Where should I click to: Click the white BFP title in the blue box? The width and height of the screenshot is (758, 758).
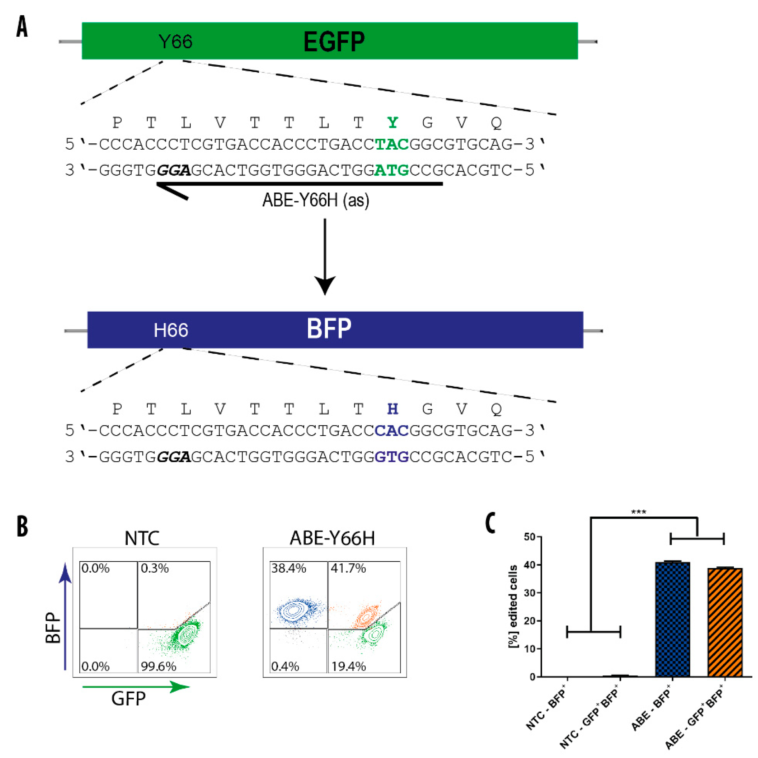(x=329, y=329)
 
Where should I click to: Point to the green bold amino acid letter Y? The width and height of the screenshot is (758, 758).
(x=392, y=123)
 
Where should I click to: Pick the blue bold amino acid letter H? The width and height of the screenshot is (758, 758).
(x=392, y=409)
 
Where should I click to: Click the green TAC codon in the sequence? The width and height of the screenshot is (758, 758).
(x=392, y=144)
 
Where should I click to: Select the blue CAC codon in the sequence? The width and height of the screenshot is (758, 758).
(x=392, y=431)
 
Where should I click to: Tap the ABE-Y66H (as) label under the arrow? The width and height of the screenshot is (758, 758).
(x=316, y=201)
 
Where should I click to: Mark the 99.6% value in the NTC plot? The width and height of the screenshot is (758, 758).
(x=159, y=666)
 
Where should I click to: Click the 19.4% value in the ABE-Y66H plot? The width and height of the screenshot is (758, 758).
(x=348, y=666)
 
